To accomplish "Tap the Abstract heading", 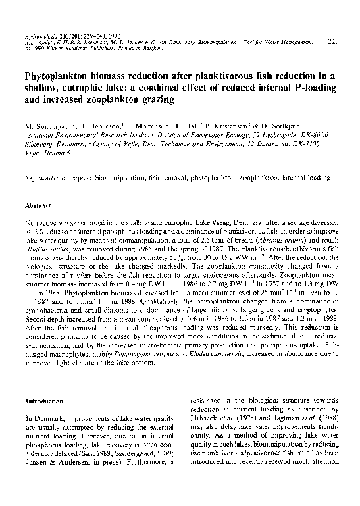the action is tap(38, 203).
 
